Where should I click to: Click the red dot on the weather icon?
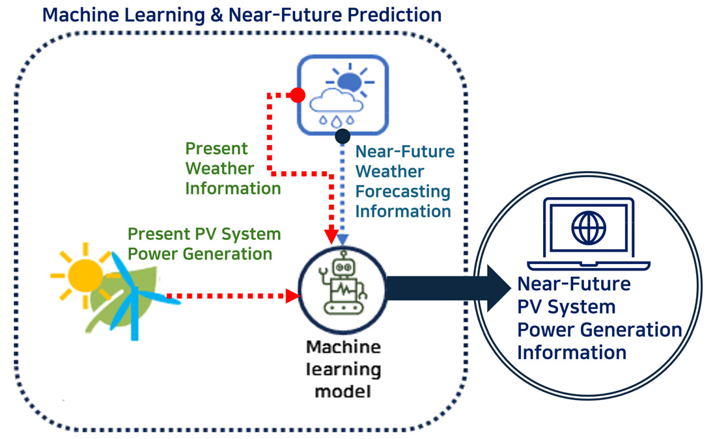point(298,95)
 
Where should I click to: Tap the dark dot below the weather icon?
point(343,136)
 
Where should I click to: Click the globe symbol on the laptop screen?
point(589,228)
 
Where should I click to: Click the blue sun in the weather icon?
point(350,82)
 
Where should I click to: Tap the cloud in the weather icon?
point(336,101)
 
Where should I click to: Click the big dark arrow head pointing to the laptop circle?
point(499,288)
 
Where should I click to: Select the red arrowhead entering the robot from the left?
point(293,296)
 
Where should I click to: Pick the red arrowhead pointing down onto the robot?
point(331,237)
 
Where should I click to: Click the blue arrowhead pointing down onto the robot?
point(343,239)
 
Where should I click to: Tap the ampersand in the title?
point(217,15)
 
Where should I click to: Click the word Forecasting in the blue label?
point(402,192)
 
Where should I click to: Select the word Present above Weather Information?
point(216,148)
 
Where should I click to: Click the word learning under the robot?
point(343,369)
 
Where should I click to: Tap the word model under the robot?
point(343,391)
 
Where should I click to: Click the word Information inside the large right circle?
point(572,353)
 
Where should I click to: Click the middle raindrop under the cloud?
point(336,122)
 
